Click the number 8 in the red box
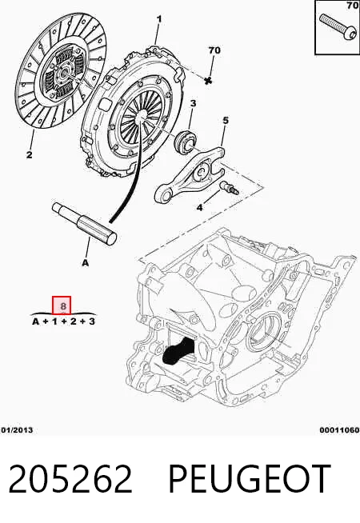pyautogui.click(x=63, y=305)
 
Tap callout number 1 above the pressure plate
pyautogui.click(x=159, y=19)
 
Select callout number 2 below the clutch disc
pyautogui.click(x=30, y=155)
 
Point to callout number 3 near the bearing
pyautogui.click(x=193, y=104)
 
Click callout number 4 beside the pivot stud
pyautogui.click(x=226, y=121)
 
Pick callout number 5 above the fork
pyautogui.click(x=199, y=207)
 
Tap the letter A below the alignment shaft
pyautogui.click(x=86, y=263)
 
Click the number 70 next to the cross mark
pyautogui.click(x=214, y=50)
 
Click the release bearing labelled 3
pyautogui.click(x=185, y=142)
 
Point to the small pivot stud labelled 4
pyautogui.click(x=229, y=187)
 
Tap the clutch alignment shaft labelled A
pyautogui.click(x=85, y=224)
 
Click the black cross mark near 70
pyautogui.click(x=209, y=80)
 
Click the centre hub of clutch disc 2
pyautogui.click(x=63, y=73)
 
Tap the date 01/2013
pyautogui.click(x=17, y=430)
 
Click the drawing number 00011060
pyautogui.click(x=340, y=430)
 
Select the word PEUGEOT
pyautogui.click(x=250, y=479)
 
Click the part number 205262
pyautogui.click(x=70, y=479)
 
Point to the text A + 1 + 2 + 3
pyautogui.click(x=63, y=321)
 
